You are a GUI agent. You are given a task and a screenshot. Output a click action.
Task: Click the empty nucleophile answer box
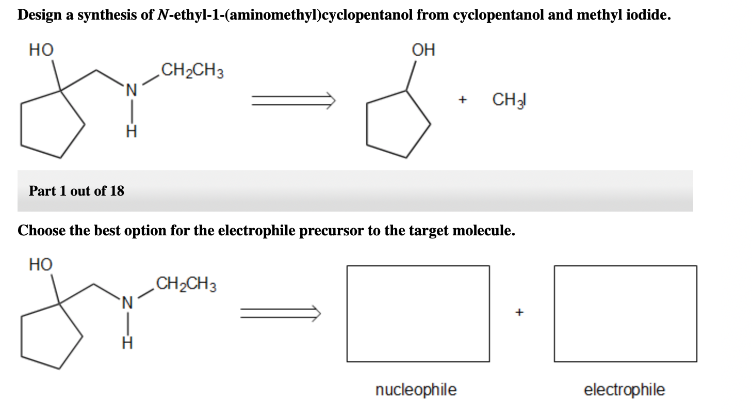point(418,313)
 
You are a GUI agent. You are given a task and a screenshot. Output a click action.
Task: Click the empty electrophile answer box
point(625,313)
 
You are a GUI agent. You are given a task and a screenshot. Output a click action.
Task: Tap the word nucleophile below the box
point(416,390)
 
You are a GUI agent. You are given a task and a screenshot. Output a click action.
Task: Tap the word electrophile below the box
point(624,390)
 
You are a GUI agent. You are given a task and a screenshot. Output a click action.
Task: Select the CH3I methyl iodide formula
point(509,99)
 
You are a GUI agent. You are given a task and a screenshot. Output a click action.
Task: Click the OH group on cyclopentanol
point(423,50)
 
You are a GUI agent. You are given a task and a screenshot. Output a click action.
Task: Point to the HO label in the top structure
point(41,50)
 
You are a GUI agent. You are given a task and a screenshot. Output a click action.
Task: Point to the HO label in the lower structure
point(41,265)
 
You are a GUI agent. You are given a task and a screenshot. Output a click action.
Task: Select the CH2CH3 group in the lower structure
point(186,285)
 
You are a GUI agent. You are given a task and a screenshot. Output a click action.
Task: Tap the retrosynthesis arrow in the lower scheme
point(280,312)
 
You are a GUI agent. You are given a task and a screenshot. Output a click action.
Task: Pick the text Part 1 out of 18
point(76,191)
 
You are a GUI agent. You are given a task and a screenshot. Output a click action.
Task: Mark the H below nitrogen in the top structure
point(131,133)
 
